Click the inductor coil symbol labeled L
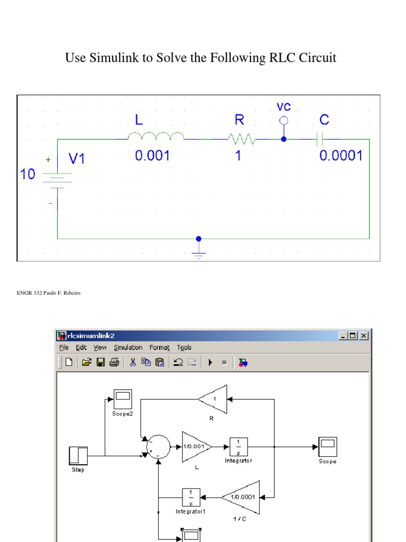click(156, 137)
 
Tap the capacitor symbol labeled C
click(319, 140)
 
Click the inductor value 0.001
click(153, 156)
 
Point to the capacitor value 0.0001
click(342, 156)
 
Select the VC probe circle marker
click(284, 121)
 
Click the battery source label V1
click(77, 159)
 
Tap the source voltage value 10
click(27, 174)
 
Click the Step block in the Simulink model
click(78, 456)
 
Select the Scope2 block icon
click(123, 399)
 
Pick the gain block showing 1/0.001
click(196, 447)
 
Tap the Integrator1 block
click(191, 497)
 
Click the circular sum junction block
click(158, 446)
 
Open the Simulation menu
click(128, 348)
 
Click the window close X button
click(363, 336)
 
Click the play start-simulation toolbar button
click(210, 363)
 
